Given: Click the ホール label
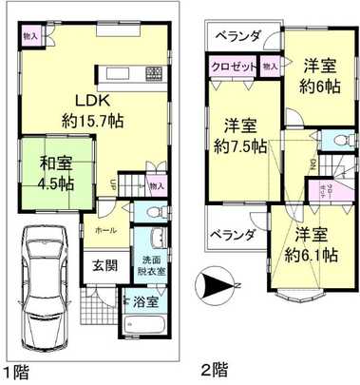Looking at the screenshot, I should (x=104, y=230).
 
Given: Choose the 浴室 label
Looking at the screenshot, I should (x=147, y=305).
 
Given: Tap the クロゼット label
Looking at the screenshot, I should (x=233, y=67).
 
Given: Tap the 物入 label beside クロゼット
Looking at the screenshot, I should (x=270, y=67).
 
